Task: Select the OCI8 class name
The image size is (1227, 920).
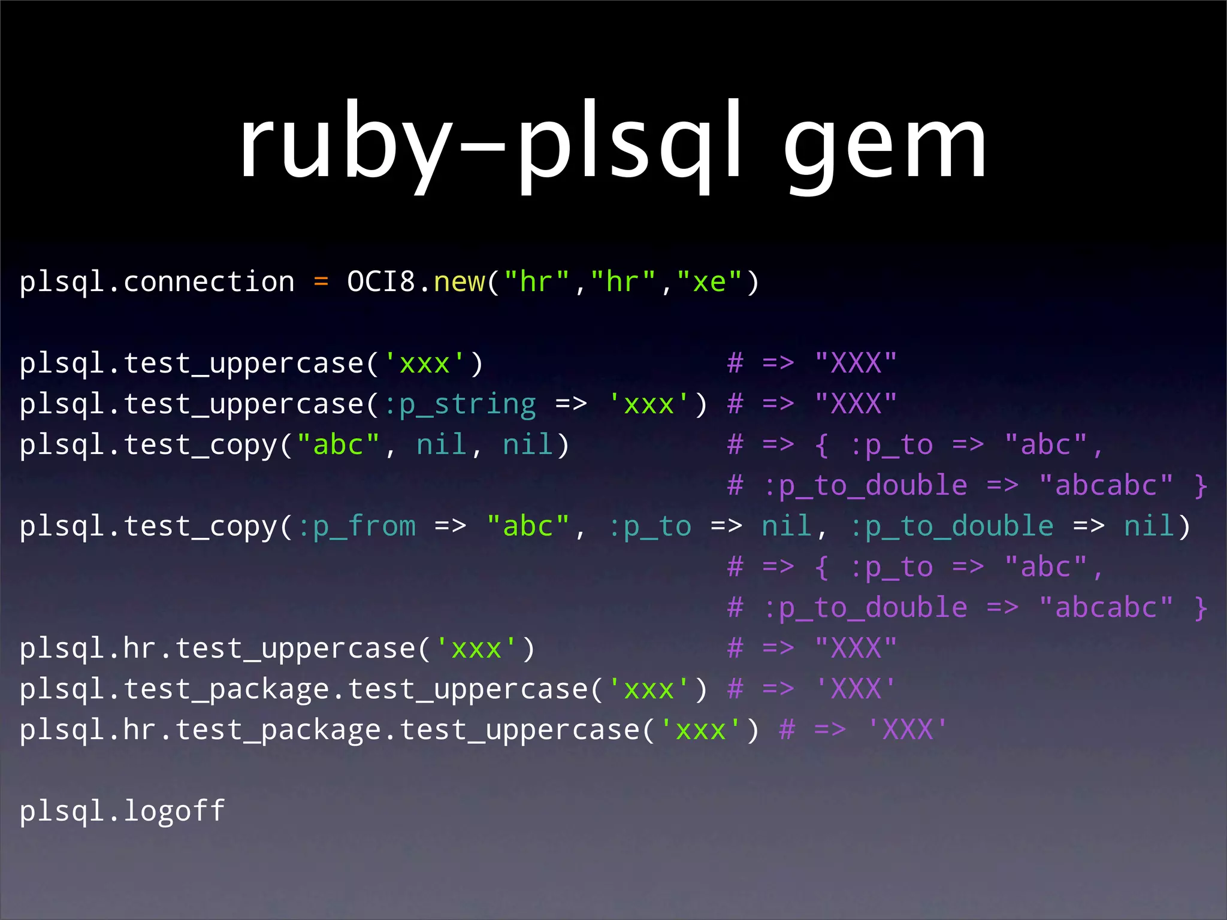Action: (380, 282)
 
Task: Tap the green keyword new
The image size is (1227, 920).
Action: (459, 282)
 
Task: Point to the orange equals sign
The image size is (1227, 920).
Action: (321, 282)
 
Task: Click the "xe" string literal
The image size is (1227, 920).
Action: (709, 282)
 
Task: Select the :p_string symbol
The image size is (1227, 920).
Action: (460, 405)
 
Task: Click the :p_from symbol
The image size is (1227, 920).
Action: (356, 527)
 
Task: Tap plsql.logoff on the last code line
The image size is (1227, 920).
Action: (122, 812)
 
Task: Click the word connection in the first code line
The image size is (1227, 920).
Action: (208, 282)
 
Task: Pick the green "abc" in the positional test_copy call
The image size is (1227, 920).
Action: (339, 445)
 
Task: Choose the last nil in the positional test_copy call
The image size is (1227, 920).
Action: (528, 445)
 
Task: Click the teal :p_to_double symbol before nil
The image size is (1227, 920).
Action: (951, 527)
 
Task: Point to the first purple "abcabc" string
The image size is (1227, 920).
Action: (1105, 486)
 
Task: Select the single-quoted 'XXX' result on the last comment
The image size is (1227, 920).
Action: (908, 730)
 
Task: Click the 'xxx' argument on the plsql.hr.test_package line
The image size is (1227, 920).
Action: (700, 730)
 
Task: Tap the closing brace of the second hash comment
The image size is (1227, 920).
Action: (1201, 609)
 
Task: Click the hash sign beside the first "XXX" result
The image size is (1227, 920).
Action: (735, 364)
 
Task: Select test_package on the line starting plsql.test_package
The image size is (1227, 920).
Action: (226, 690)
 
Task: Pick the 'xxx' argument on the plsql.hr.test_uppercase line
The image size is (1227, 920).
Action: (476, 649)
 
